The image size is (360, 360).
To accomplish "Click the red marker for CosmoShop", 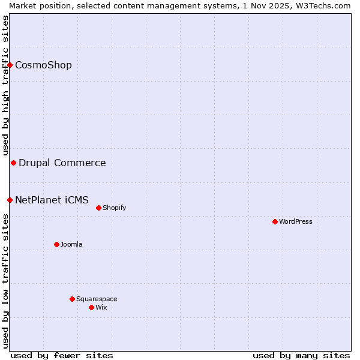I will tap(10, 65).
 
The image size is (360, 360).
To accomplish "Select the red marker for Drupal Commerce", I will tap(13, 163).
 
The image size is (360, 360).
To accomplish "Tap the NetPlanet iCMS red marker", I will tap(10, 200).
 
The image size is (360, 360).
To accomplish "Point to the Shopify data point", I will tap(98, 208).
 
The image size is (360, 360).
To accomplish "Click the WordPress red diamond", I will tap(275, 221).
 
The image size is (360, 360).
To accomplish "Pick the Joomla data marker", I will tap(56, 244).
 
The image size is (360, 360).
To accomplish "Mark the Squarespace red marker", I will tap(72, 299).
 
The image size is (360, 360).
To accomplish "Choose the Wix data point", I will tap(91, 307).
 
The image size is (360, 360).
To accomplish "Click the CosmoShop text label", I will tap(43, 65).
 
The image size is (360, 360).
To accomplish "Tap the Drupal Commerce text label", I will tap(62, 163).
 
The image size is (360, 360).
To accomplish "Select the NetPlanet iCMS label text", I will tap(52, 200).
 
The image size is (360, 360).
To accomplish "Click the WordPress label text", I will tap(296, 221).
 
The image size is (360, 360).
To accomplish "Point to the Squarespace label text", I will tap(97, 299).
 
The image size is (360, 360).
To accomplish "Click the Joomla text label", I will tap(71, 244).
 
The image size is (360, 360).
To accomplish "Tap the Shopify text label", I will tap(114, 208).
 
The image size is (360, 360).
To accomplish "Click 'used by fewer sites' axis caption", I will tap(62, 355).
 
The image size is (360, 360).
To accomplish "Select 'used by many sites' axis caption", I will tap(301, 355).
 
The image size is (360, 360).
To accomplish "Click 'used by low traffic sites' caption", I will tap(5, 281).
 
